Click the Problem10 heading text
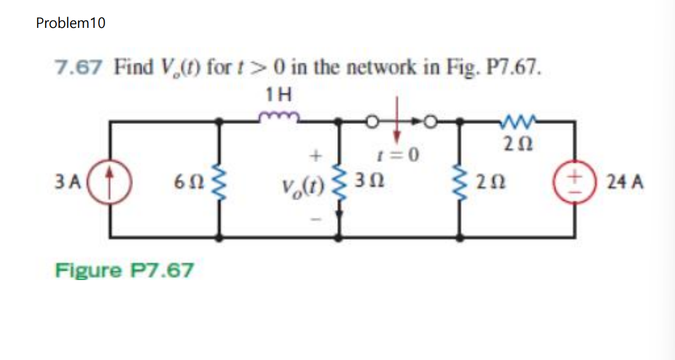[70, 23]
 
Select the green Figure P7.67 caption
[124, 270]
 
